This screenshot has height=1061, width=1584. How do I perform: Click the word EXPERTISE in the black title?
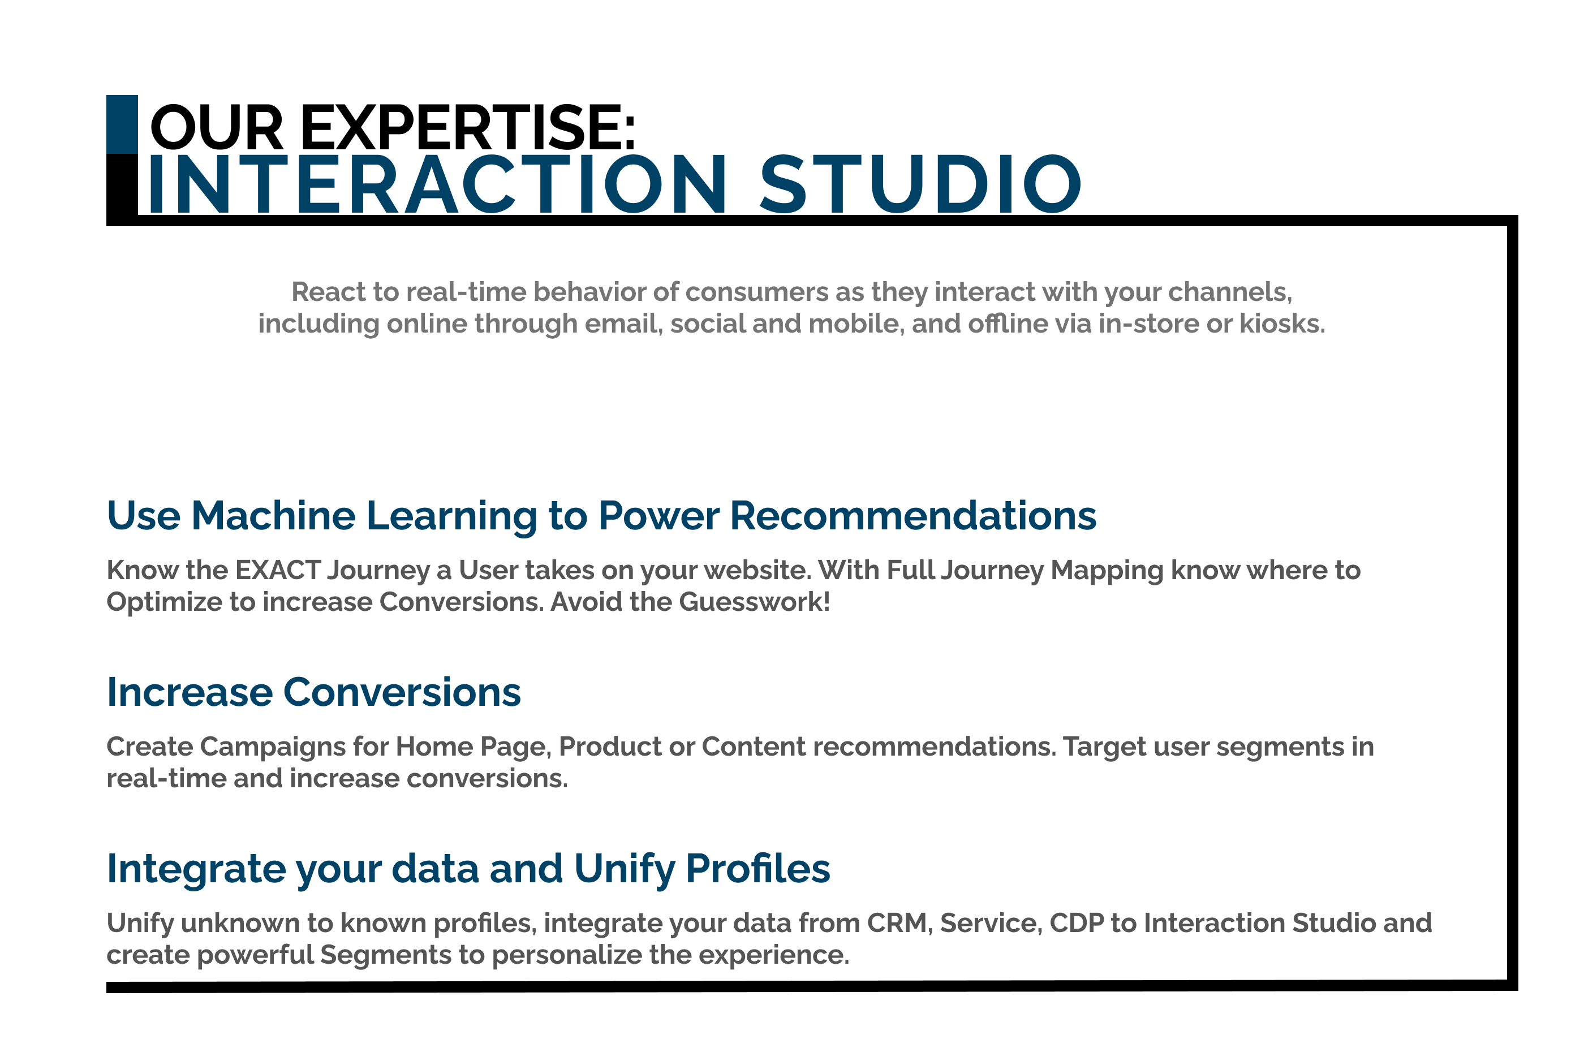tap(467, 127)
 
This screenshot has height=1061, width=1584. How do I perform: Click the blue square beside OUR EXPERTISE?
tap(122, 124)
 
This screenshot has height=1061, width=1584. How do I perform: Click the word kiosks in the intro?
tap(1281, 324)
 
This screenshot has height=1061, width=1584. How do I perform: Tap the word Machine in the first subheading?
tap(273, 516)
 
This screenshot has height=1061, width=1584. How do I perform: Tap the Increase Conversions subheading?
tap(314, 692)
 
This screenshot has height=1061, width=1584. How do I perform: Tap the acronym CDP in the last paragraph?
tap(1077, 923)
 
